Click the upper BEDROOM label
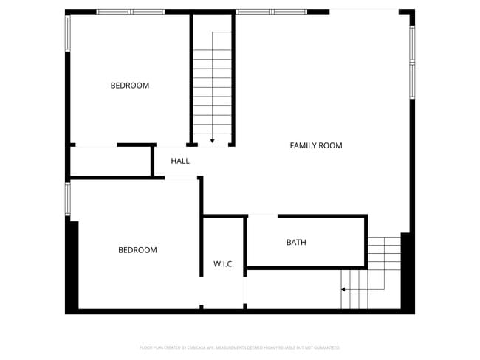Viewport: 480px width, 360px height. pos(129,86)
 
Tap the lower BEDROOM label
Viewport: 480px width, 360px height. pos(137,250)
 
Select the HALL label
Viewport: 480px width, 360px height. pos(180,161)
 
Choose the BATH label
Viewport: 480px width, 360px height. pos(296,243)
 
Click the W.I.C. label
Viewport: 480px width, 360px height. pos(224,264)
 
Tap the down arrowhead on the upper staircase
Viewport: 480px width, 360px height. pos(213,140)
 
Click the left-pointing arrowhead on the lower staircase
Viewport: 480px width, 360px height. pos(343,289)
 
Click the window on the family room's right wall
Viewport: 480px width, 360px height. pos(412,62)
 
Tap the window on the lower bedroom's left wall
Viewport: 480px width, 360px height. pos(68,199)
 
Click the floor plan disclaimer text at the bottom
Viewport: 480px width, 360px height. pos(240,347)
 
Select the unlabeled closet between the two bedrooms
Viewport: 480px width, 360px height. pos(111,162)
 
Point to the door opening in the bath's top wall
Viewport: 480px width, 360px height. pos(262,216)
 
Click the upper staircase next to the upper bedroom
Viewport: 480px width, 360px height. pos(213,81)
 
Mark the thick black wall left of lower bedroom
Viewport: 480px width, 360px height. pos(72,266)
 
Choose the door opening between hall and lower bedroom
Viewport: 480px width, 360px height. pos(181,177)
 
